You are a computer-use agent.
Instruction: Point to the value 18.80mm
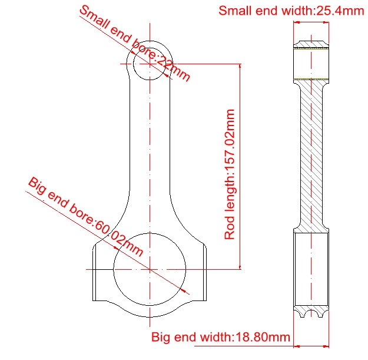coord(263,337)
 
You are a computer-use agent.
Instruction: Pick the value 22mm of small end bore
coord(173,68)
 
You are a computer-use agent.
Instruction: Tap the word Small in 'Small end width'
coord(236,11)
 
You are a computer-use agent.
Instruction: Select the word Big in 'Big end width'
coord(161,338)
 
